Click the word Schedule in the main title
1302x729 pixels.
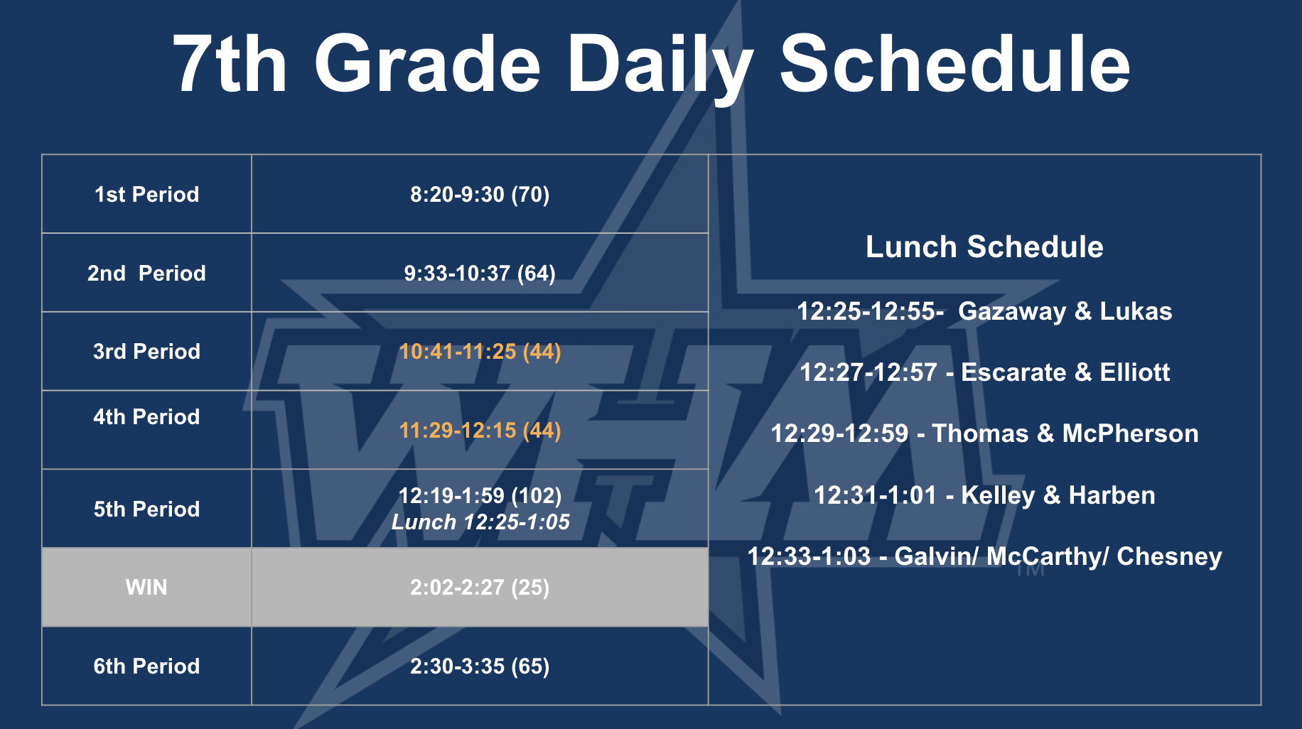954,64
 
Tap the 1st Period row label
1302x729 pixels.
146,194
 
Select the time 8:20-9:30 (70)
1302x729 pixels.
480,194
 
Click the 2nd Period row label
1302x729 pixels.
146,273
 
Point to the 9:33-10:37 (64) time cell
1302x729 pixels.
480,273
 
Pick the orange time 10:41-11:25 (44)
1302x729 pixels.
480,351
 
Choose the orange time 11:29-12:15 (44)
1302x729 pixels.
480,430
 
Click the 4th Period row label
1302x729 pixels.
146,416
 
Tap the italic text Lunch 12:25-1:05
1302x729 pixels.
480,522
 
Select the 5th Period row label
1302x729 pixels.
146,509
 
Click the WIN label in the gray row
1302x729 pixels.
146,588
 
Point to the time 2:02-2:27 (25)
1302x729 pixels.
480,588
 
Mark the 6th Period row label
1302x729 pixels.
146,666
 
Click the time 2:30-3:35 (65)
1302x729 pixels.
480,666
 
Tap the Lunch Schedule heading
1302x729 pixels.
984,247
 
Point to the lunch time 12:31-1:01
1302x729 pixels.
875,495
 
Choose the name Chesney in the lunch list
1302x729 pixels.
1169,556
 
